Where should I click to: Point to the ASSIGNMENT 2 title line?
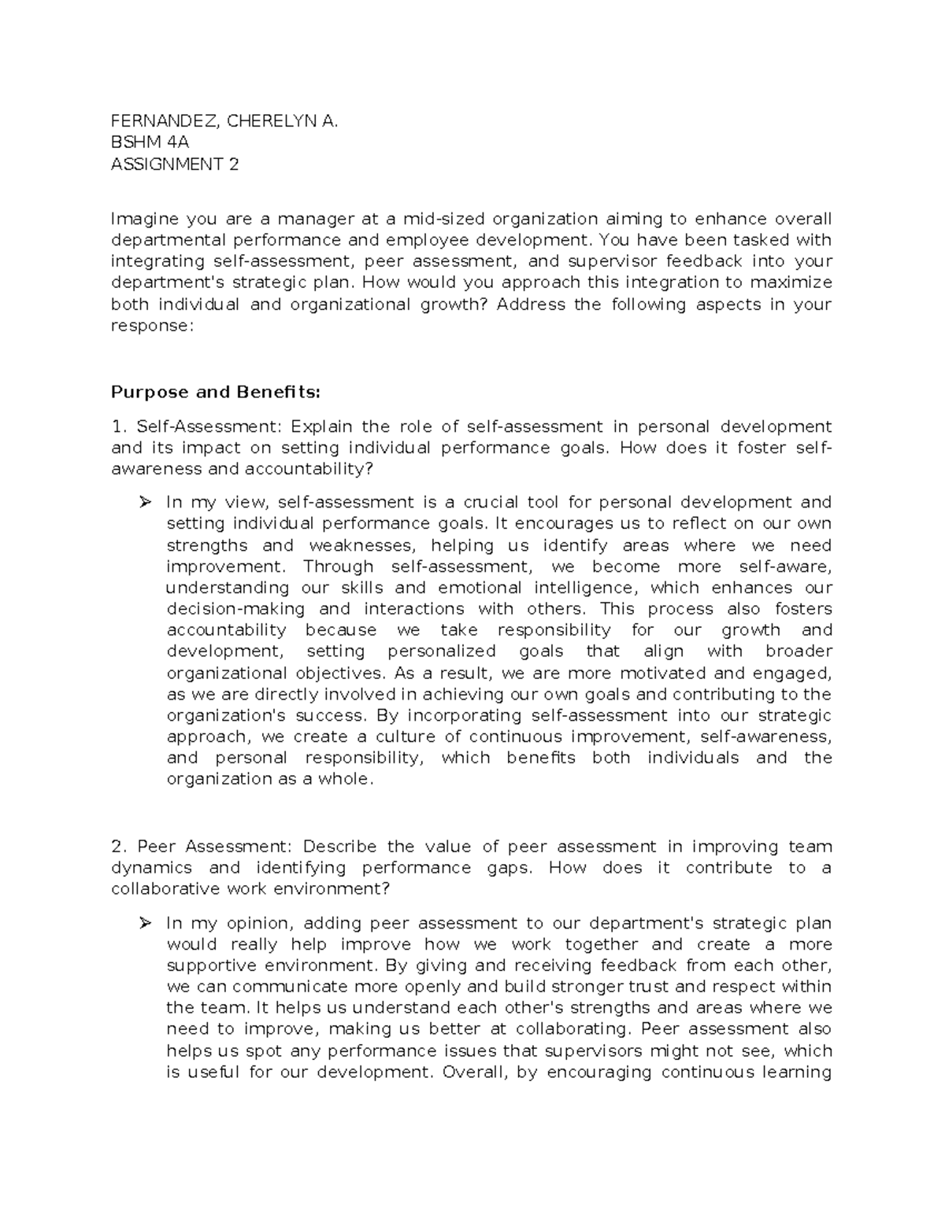pos(175,164)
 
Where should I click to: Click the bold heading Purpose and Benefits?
pos(217,392)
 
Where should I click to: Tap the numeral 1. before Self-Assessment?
pos(118,426)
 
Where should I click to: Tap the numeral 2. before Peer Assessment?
pos(119,847)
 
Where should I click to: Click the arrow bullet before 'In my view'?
pos(145,502)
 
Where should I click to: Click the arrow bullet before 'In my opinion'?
pos(145,923)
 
